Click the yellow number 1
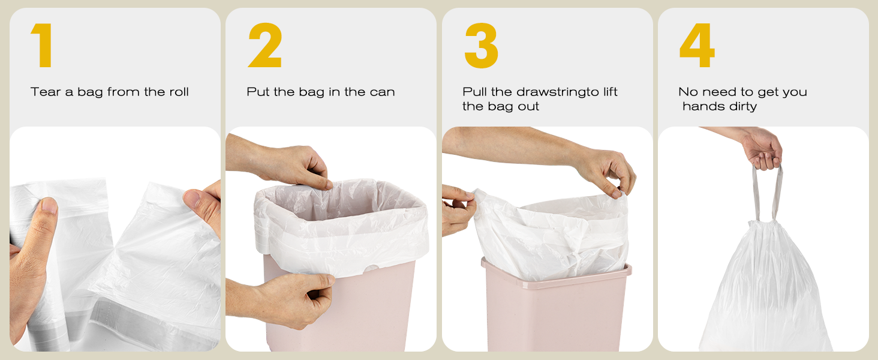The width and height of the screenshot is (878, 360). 42,45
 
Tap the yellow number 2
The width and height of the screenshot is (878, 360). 265,45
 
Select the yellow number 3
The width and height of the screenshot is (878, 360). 482,45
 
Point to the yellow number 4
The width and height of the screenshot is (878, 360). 697,45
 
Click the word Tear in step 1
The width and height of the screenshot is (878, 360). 46,92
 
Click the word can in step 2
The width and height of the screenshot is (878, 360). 382,92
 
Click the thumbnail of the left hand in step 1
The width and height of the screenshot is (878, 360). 49,205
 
